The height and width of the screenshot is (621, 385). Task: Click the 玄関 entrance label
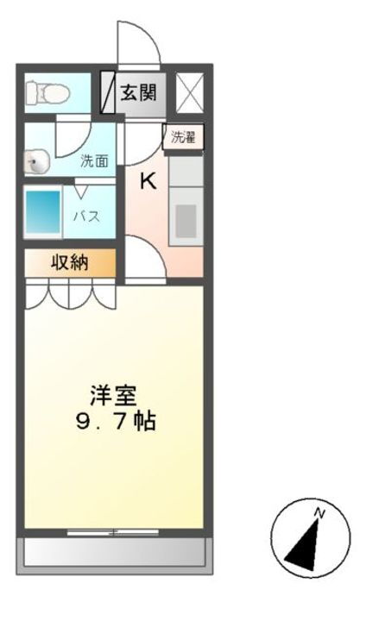click(x=138, y=92)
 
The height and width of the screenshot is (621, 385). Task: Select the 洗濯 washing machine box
click(x=182, y=137)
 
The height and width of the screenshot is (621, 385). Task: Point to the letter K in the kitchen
click(x=148, y=181)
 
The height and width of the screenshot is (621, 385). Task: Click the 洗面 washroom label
click(x=94, y=160)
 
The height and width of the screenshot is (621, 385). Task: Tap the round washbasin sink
click(x=36, y=161)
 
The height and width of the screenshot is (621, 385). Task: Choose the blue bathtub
click(x=42, y=213)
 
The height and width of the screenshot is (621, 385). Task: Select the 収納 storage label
click(x=68, y=264)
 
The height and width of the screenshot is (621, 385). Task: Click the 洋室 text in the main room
click(x=113, y=396)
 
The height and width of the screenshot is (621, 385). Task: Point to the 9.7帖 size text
click(x=114, y=423)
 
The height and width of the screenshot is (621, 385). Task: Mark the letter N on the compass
click(x=319, y=515)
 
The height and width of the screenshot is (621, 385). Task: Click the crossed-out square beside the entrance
click(x=189, y=92)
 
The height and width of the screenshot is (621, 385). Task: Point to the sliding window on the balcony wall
click(x=114, y=531)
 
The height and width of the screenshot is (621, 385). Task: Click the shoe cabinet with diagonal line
click(x=110, y=92)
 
